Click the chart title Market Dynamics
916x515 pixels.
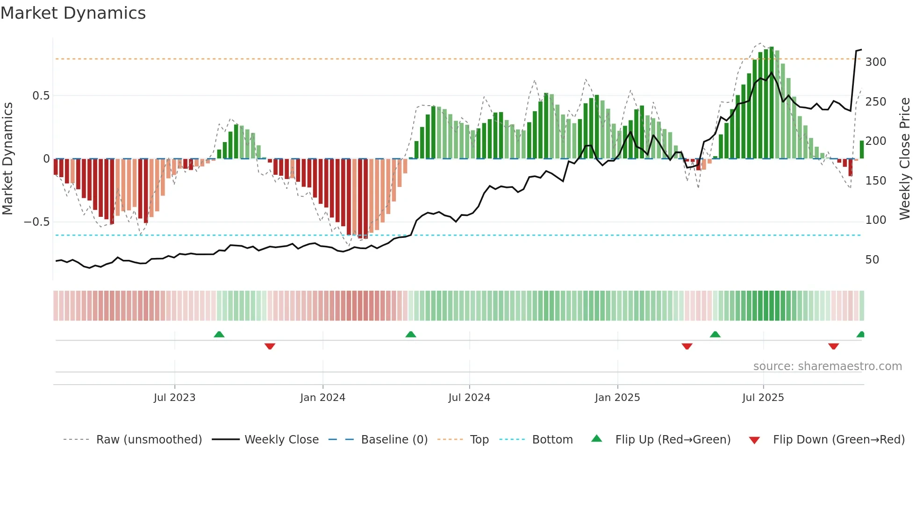coord(73,13)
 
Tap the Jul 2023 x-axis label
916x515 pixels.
coord(174,398)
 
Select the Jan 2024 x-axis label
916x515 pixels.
coord(322,398)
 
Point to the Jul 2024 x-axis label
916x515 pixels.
coord(469,398)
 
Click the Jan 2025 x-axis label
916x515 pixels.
coord(617,398)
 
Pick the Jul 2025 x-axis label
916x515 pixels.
coord(763,398)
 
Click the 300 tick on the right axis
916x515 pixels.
coord(875,62)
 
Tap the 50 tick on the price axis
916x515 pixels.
coord(872,260)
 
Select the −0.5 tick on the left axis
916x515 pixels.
coord(37,222)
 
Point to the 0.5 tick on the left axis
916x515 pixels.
coord(41,96)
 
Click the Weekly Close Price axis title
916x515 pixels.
coord(905,159)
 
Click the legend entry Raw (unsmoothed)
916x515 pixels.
coord(149,440)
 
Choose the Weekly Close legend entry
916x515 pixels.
coord(281,440)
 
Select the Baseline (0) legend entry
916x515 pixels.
coord(394,440)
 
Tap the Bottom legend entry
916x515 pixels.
coord(552,440)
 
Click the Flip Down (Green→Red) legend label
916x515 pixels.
coord(838,440)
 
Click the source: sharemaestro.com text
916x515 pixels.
coord(827,366)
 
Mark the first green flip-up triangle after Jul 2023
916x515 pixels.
coord(219,334)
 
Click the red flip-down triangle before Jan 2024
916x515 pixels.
coord(270,346)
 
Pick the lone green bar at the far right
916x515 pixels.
coord(862,150)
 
